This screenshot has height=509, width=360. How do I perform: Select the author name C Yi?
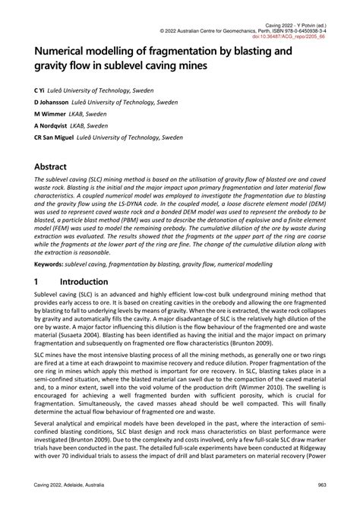[38, 89]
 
